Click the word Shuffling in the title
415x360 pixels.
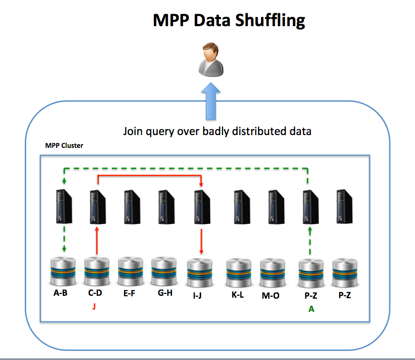coord(266,20)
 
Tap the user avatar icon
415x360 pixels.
coord(210,59)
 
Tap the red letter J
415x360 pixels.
coord(94,307)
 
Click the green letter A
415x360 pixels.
coord(311,309)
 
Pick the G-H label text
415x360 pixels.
coord(164,293)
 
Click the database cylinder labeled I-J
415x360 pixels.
coord(200,272)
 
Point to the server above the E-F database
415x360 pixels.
coord(131,206)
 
